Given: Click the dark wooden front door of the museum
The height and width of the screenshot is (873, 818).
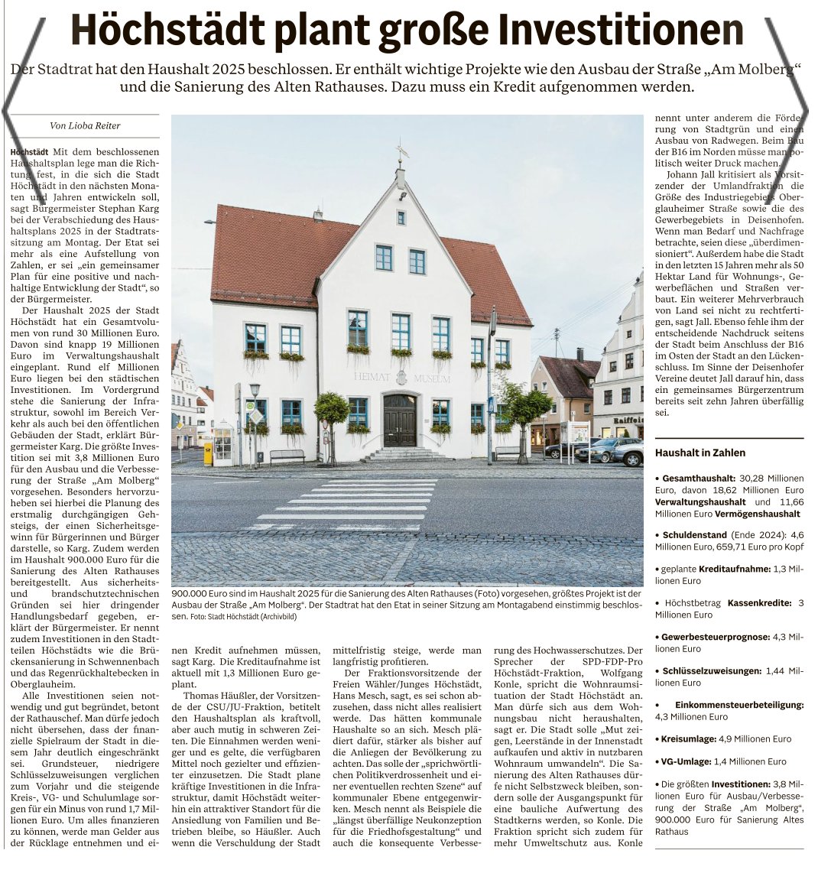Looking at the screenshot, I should [400, 420].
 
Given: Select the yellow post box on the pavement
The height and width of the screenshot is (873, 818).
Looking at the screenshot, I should [208, 454].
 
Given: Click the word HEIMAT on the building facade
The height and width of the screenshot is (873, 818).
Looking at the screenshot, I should [372, 378].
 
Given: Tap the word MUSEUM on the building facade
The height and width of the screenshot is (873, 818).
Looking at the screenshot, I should [432, 378].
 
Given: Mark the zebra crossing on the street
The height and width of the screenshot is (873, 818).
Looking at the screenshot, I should [352, 505].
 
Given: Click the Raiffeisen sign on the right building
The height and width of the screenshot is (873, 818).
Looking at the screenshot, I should [628, 420].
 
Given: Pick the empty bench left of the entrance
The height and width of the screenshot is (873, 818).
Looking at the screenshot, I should [287, 456].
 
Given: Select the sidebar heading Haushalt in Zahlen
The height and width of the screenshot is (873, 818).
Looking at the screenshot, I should [700, 453].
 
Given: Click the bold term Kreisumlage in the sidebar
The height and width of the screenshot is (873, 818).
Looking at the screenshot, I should [687, 739].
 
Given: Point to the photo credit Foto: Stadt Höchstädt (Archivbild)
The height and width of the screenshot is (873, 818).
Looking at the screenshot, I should [243, 616].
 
